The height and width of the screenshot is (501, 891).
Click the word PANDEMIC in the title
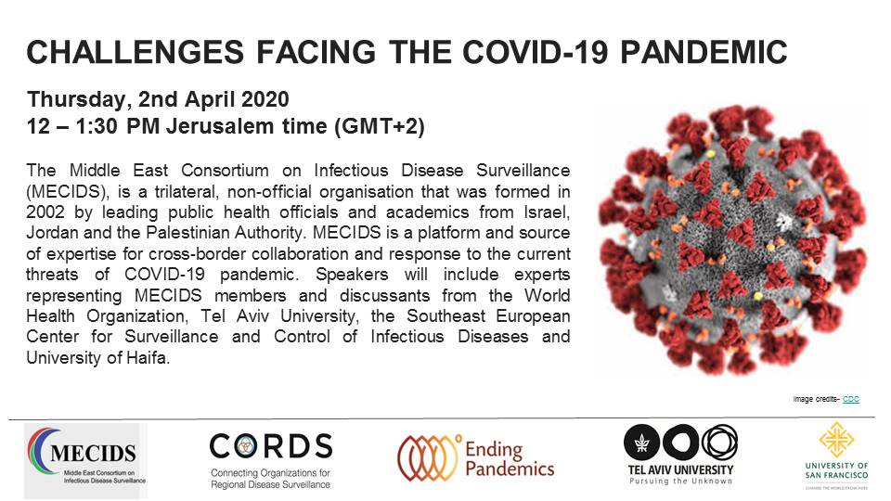click(704, 52)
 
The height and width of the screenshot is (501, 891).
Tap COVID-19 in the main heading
click(536, 52)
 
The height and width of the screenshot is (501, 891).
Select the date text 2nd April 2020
click(213, 99)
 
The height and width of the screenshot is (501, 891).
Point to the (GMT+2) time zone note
click(379, 126)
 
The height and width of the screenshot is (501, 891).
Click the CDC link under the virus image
click(851, 399)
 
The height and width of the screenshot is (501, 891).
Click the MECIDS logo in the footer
click(85, 461)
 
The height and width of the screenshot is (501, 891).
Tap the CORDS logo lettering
click(270, 446)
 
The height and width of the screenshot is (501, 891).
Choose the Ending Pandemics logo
click(475, 457)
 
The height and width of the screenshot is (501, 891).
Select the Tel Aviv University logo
click(680, 455)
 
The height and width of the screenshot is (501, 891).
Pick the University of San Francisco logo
click(836, 455)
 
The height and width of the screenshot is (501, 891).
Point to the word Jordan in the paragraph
click(52, 233)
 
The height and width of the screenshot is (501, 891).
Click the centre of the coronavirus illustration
click(733, 239)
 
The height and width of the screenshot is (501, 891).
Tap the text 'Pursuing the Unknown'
click(680, 481)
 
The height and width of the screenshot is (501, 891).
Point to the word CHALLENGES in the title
click(136, 52)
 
